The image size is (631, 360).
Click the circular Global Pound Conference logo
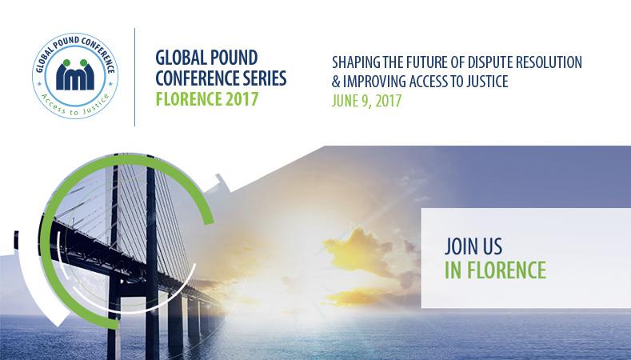coord(75,76)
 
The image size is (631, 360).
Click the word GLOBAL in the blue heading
coord(180,58)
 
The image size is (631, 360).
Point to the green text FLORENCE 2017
coord(207,98)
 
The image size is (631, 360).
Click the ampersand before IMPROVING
coord(336,82)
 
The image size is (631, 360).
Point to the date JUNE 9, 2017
coord(366,101)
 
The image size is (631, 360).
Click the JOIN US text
coord(473,246)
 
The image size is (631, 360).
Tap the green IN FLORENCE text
coord(495,270)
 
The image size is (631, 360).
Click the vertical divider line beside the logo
coord(134,77)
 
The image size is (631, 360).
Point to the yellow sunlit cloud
coord(358,250)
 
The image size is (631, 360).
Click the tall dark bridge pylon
coord(152,258)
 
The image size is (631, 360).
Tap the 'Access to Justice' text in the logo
coord(75,106)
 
